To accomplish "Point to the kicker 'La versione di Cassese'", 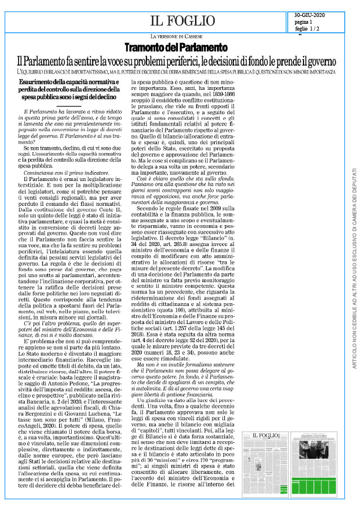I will [x=180, y=37].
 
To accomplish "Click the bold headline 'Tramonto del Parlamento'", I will [x=180, y=48].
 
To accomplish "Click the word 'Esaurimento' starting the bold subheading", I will [x=36, y=83].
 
